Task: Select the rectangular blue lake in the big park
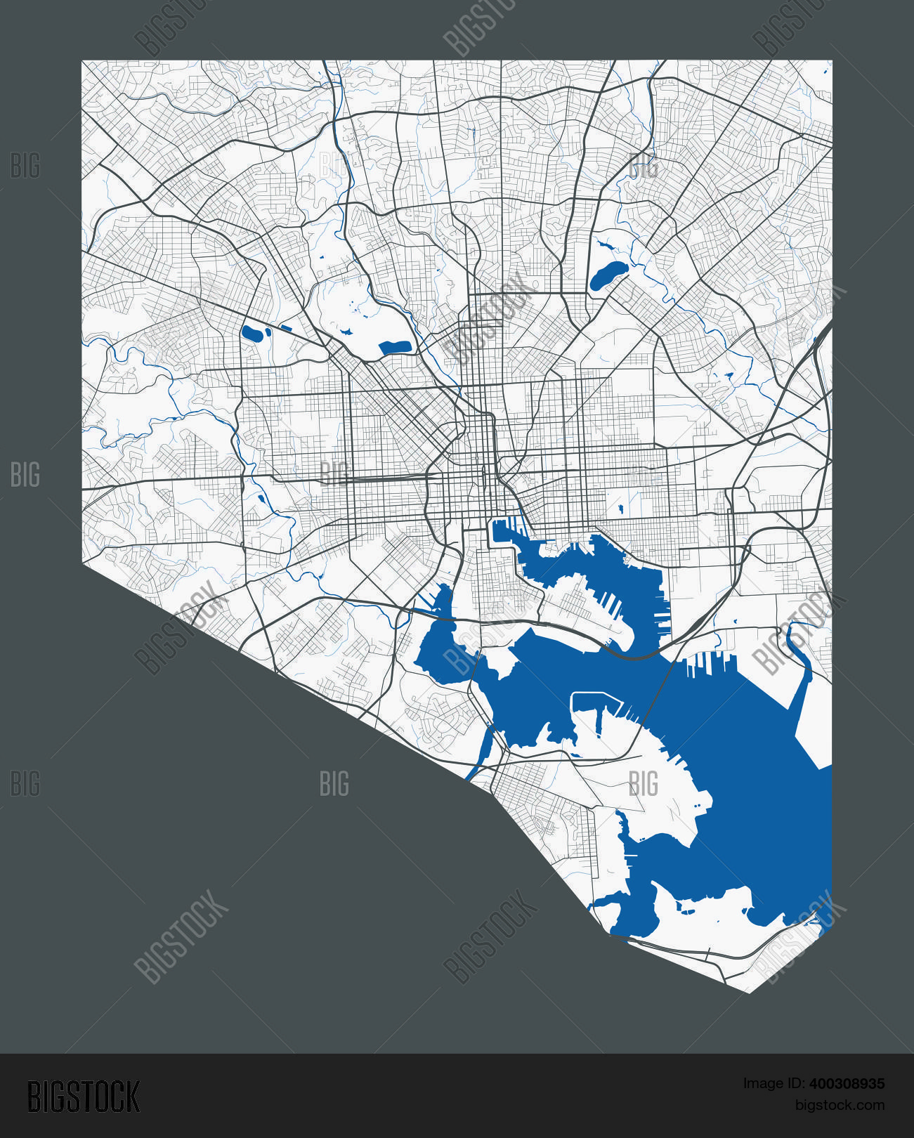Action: point(394,346)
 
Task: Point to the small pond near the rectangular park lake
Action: point(345,331)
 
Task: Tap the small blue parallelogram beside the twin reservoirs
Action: point(286,327)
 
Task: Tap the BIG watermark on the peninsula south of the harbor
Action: point(643,783)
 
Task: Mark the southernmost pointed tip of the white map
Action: point(749,992)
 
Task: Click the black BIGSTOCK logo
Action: point(84,1097)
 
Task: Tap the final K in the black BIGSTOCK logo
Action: point(131,1097)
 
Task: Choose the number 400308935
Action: point(847,1084)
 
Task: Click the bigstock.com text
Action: point(840,1105)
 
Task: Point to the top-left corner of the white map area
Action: point(82,61)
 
